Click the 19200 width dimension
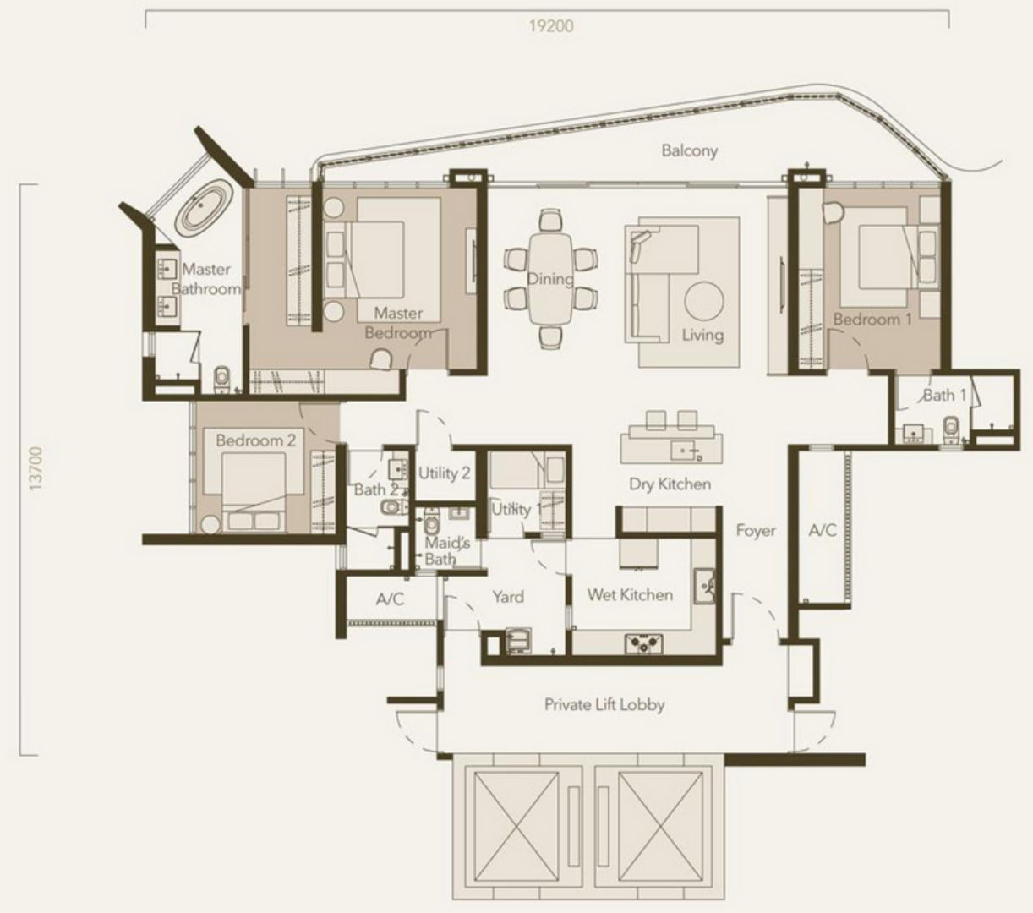coord(550,25)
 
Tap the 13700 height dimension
coord(36,468)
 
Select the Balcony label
coord(689,150)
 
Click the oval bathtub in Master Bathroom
coord(204,208)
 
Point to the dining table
coord(550,278)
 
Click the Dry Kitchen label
coord(670,484)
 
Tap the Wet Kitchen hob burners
coord(644,643)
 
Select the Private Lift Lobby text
coord(604,704)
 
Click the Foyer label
coord(756,531)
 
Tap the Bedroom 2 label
coord(255,440)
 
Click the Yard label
coord(508,597)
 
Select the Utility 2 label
coord(444,473)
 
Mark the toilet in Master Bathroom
coord(222,380)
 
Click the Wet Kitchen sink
coord(706,585)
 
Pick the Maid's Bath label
coord(446,551)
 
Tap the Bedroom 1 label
coord(872,320)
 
